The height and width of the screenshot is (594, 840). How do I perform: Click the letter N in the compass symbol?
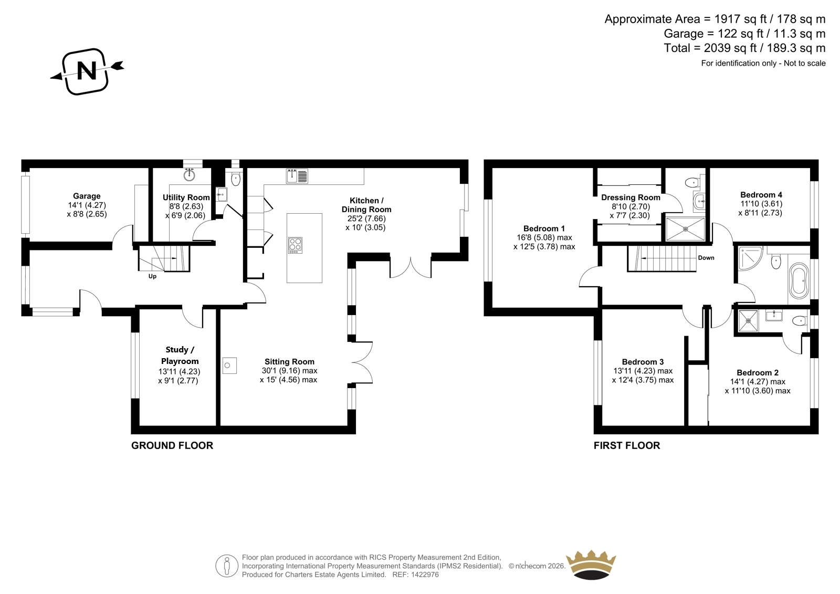click(87, 70)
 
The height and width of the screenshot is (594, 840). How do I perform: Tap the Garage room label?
click(87, 196)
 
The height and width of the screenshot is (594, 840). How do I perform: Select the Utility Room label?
click(186, 197)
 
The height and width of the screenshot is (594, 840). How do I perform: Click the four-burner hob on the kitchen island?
click(295, 245)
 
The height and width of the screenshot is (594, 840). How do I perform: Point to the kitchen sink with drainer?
click(297, 176)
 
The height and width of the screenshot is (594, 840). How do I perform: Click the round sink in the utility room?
click(190, 175)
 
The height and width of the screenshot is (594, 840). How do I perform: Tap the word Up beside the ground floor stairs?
click(152, 277)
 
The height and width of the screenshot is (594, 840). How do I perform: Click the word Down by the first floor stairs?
click(706, 258)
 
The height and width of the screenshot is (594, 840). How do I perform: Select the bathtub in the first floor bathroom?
click(799, 280)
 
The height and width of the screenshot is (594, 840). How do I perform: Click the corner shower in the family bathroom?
click(750, 258)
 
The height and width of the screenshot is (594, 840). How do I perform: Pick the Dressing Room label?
click(631, 197)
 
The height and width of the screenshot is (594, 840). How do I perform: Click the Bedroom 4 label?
click(761, 195)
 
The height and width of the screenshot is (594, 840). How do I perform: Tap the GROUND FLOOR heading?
click(172, 445)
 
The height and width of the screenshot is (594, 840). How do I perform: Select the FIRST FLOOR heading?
click(627, 445)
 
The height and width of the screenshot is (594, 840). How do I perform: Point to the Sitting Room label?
click(289, 362)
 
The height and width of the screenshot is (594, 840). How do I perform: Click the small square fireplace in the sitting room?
click(229, 365)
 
